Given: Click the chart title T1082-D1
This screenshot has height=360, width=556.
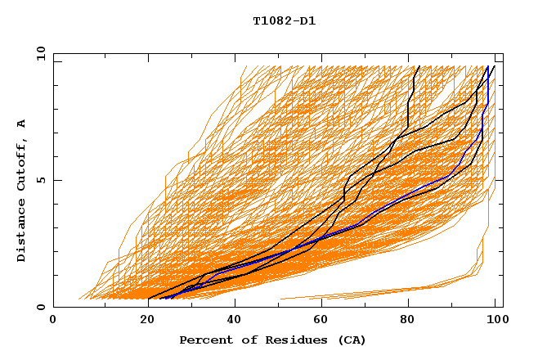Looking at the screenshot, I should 285,21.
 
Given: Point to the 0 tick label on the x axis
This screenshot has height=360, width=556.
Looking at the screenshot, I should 53,320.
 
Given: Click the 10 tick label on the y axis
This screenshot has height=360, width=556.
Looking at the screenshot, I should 39,52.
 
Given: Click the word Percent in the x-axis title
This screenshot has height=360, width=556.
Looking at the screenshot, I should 204,340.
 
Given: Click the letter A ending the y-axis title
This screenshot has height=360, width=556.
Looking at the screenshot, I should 21,123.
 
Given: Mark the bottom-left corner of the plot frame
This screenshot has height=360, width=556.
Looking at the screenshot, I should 53,307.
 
